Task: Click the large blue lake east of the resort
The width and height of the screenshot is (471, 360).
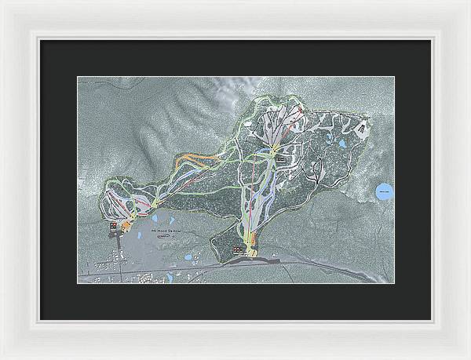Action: (384, 191)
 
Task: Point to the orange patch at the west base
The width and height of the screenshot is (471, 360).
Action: (123, 227)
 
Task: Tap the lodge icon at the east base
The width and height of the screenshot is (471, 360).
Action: (238, 249)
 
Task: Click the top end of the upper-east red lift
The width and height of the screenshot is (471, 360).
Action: (301, 111)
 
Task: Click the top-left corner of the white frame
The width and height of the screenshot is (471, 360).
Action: (2, 2)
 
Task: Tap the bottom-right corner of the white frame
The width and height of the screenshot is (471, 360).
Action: (468, 357)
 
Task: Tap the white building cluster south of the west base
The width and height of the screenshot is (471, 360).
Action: (145, 275)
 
